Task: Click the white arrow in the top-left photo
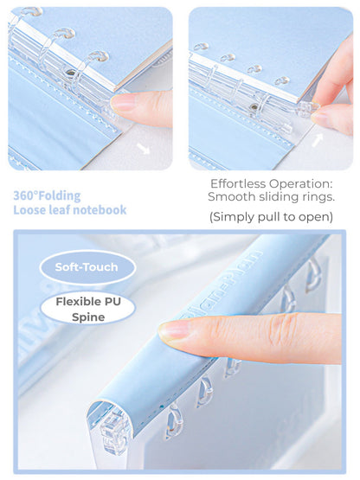(x=143, y=148)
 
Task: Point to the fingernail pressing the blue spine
(x=173, y=330)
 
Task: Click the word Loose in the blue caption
(x=31, y=210)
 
